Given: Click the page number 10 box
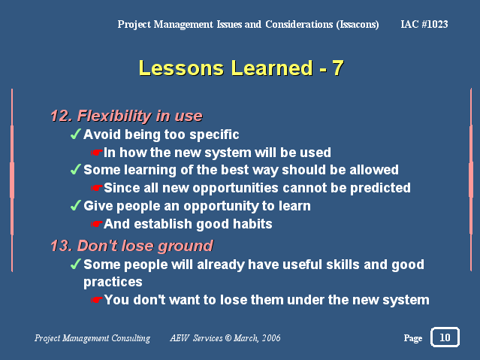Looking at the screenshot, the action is point(445,337).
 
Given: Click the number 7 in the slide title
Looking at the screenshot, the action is point(338,68).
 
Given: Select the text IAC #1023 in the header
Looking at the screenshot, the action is point(424,24).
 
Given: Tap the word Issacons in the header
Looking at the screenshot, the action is point(358,25).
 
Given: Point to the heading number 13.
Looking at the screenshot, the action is point(62,246).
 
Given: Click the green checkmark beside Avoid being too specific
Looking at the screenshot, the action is point(76,134).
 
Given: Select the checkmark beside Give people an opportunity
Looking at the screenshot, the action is point(76,205).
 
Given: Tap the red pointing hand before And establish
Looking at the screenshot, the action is point(96,224).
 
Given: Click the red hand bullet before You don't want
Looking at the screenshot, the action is point(96,300).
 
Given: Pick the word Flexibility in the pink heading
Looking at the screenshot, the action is point(114,116).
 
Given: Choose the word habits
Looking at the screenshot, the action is point(252,224).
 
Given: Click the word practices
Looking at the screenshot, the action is point(113,282).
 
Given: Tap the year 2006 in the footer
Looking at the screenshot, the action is point(271,338).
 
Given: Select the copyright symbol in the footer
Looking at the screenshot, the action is point(228,338).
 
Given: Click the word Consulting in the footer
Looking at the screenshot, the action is point(131,338).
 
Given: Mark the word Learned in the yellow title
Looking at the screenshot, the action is point(272,68).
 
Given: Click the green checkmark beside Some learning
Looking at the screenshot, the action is point(76,169).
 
